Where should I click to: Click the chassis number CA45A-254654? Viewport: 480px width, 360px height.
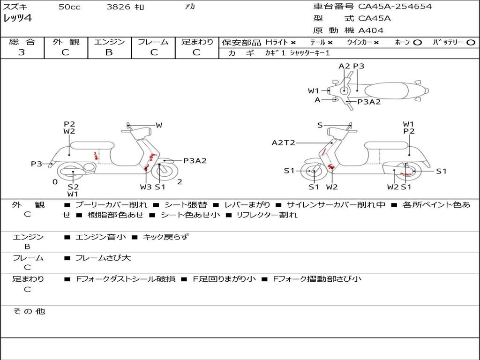[395, 6]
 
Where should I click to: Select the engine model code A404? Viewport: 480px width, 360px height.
[371, 30]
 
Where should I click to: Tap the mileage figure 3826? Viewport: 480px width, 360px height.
[118, 7]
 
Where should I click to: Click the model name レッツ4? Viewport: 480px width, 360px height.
[17, 18]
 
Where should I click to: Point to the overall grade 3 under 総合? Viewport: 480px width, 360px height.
[22, 52]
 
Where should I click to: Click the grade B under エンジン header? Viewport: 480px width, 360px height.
[109, 52]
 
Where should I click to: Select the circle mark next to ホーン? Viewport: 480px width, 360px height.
[417, 43]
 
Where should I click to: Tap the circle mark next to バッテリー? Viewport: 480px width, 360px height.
[471, 43]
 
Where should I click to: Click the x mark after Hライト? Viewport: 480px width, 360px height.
[293, 43]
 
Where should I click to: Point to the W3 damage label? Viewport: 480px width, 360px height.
[146, 187]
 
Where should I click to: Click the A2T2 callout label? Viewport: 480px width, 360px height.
[284, 142]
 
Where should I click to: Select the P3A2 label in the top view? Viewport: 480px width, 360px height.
[369, 102]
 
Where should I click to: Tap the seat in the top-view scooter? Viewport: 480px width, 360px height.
[386, 91]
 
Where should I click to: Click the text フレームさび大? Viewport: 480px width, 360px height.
[103, 258]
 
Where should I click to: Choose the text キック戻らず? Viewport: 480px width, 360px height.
[165, 237]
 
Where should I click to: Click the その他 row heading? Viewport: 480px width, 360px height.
[29, 311]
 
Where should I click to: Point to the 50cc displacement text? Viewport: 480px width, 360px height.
[69, 7]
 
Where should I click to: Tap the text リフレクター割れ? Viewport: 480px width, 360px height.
[267, 215]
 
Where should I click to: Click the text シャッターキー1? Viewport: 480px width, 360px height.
[310, 53]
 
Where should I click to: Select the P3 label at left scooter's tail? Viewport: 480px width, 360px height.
[37, 164]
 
